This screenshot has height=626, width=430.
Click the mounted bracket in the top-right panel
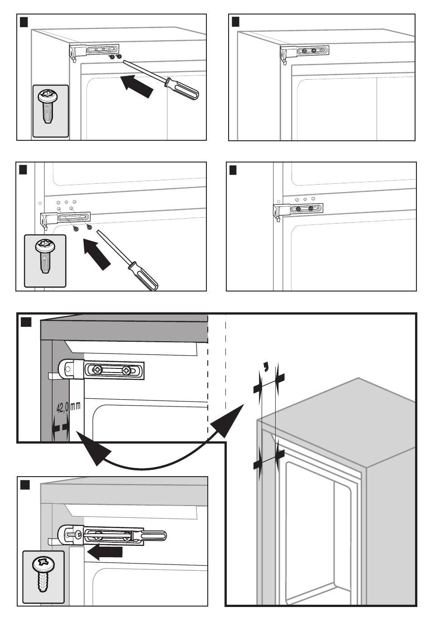pyautogui.click(x=304, y=53)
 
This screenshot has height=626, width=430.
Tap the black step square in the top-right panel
pyautogui.click(x=235, y=22)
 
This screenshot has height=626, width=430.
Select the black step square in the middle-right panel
pyautogui.click(x=233, y=170)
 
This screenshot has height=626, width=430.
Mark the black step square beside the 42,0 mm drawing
pyautogui.click(x=26, y=322)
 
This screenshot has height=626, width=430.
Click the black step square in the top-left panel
pyautogui.click(x=24, y=21)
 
